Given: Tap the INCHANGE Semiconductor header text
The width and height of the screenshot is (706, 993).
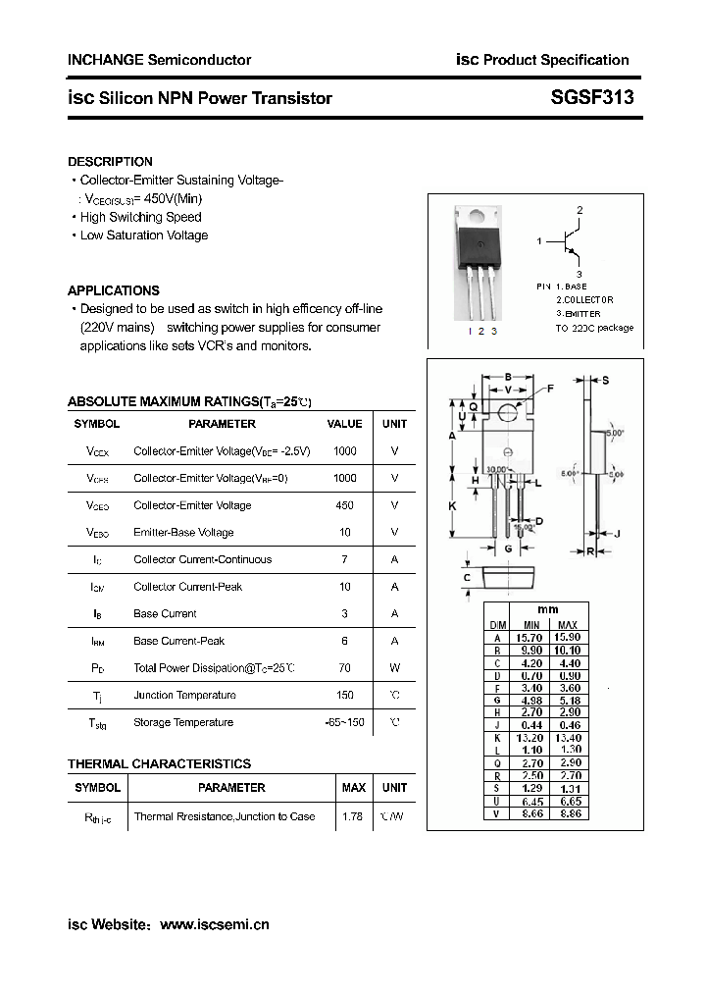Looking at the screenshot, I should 159,60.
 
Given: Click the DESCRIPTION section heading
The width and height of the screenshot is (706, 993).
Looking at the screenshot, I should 110,161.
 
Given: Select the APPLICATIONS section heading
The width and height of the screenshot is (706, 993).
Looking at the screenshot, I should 113,290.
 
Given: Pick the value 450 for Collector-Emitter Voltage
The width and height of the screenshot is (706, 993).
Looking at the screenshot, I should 344,505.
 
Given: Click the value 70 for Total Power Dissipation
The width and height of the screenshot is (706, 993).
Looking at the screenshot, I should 344,668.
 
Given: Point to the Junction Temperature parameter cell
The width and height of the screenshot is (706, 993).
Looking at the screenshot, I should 184,696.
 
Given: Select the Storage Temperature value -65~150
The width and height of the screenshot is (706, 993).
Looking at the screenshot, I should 344,722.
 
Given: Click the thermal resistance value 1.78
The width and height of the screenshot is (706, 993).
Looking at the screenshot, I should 353,816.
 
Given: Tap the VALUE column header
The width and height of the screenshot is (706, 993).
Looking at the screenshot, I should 344,424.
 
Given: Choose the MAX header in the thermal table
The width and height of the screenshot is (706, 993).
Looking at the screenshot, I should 353,788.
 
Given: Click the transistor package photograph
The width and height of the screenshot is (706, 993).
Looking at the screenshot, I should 479,263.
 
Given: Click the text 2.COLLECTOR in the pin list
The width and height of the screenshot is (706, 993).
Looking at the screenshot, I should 584,299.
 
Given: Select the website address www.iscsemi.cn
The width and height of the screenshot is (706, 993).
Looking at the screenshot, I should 214,924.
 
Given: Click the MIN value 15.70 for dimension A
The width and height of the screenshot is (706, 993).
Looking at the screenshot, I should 531,638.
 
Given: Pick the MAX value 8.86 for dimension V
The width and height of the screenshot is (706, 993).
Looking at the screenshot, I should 568,814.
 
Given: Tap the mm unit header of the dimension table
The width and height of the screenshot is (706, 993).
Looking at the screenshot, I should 548,609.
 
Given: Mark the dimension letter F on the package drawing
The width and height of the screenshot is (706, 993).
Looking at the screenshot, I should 549,389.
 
